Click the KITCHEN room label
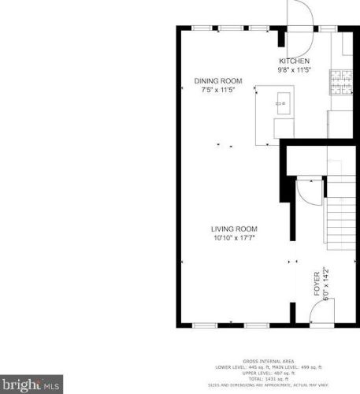294,61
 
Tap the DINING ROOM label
218,81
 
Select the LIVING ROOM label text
234,229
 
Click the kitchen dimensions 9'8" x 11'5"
294,69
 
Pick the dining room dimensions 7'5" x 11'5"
218,90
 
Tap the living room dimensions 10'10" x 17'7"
234,237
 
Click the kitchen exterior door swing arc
302,13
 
